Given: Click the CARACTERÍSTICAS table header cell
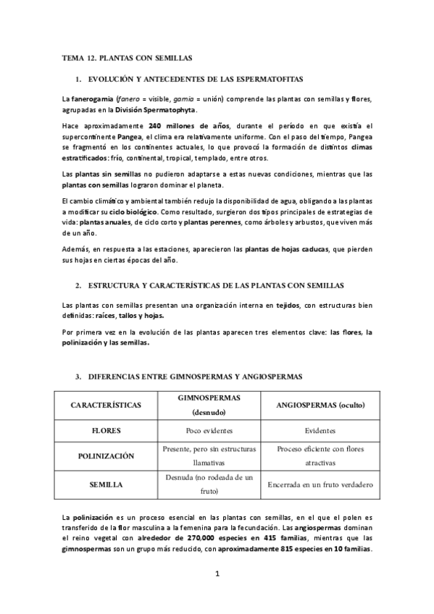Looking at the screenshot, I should click(106, 405).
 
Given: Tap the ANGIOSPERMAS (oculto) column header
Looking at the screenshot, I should click(320, 405).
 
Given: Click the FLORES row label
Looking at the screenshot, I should click(106, 430).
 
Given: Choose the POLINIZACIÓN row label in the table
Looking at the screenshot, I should click(106, 455).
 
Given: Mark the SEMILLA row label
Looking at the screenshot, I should click(106, 484).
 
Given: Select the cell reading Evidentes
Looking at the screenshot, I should click(320, 430).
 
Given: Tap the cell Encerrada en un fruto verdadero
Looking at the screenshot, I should click(320, 484).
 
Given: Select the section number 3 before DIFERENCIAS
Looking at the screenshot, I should click(78, 377).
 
